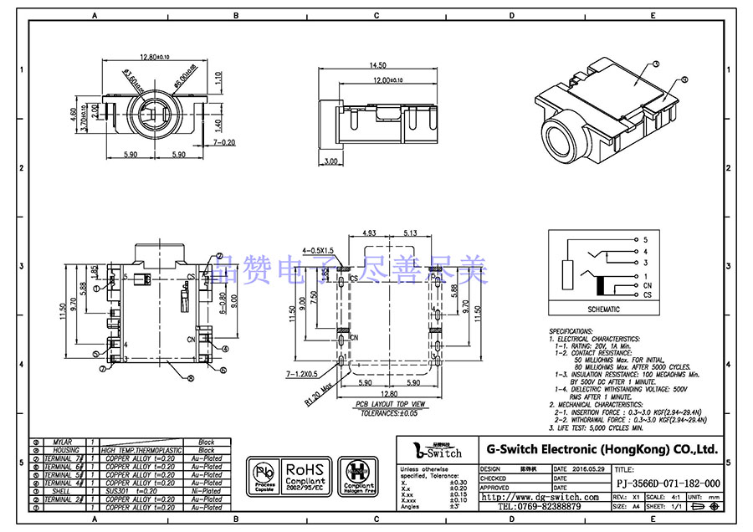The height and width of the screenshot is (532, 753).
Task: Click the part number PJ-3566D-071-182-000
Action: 668,483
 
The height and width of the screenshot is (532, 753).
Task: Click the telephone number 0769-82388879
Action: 539,507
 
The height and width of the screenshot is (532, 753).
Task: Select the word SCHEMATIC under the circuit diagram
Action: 604,309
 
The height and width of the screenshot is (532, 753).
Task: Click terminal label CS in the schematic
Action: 647,295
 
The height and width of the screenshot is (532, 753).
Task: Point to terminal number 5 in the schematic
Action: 645,240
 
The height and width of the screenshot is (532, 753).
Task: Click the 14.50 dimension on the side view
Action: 376,65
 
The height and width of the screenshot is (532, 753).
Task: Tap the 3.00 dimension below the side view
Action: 330,161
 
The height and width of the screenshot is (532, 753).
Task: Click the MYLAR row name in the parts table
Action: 62,442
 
